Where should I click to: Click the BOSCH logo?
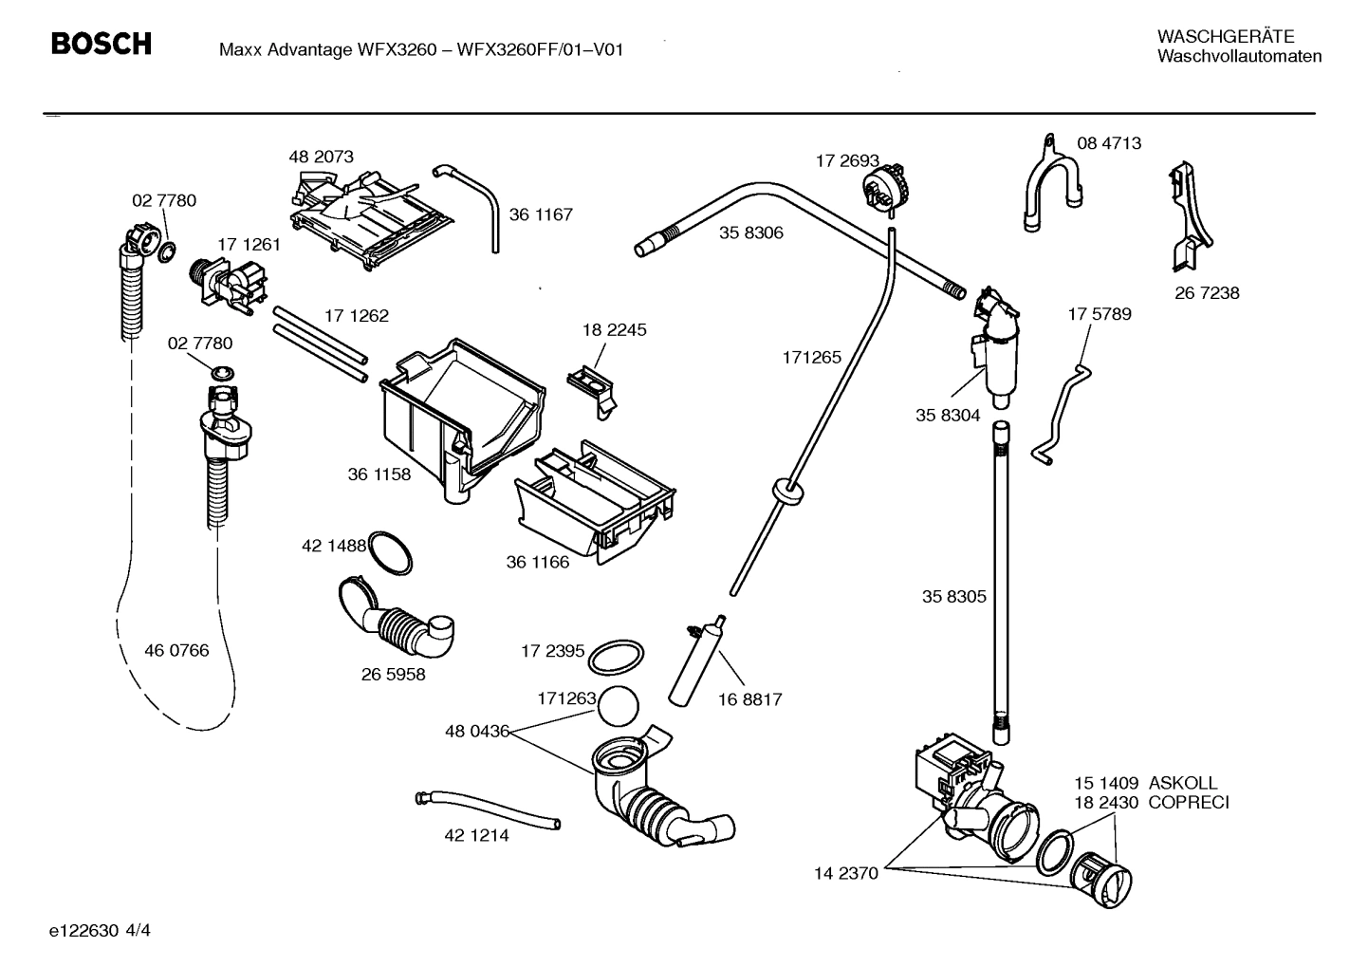(101, 44)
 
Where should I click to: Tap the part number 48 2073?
(321, 157)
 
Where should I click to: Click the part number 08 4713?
(1109, 143)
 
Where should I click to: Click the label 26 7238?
(1207, 293)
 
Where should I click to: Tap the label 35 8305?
(953, 597)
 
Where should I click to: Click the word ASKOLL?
(1182, 784)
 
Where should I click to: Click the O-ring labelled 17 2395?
(617, 655)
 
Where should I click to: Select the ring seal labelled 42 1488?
(389, 551)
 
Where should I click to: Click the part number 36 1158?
(379, 474)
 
